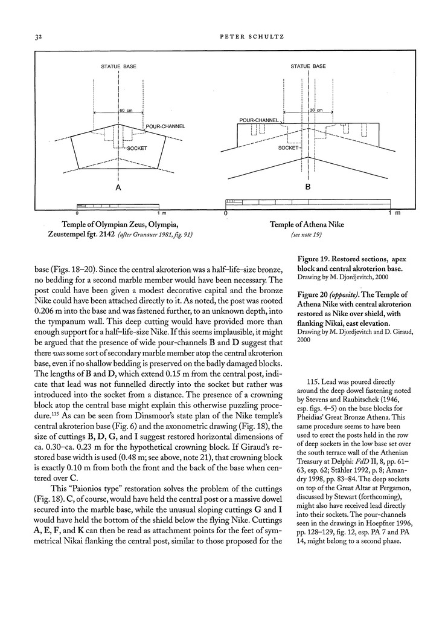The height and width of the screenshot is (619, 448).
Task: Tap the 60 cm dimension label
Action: [x=126, y=111]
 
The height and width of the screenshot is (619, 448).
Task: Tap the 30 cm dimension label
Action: [x=316, y=111]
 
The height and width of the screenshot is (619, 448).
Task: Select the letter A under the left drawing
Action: [x=118, y=189]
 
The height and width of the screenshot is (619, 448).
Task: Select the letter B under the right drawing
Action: [x=307, y=188]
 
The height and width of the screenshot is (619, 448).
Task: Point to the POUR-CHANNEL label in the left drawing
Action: [x=165, y=126]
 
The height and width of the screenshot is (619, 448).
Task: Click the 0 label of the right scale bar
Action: [x=226, y=213]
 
